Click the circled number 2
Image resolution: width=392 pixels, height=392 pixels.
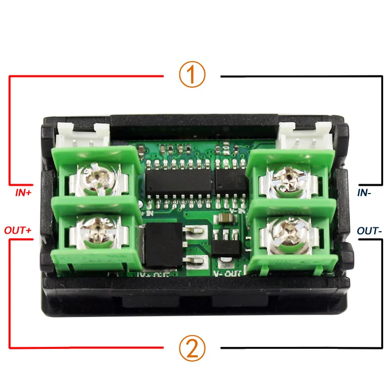pos(192,348)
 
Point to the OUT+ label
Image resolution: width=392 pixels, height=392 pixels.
pos(18,229)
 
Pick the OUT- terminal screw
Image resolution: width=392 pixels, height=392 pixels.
pos(289,231)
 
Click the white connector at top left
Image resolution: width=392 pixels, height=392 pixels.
pos(82,135)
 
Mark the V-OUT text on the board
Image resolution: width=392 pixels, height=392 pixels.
pos(227,271)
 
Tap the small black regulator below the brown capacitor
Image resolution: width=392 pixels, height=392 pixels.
pos(227,241)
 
